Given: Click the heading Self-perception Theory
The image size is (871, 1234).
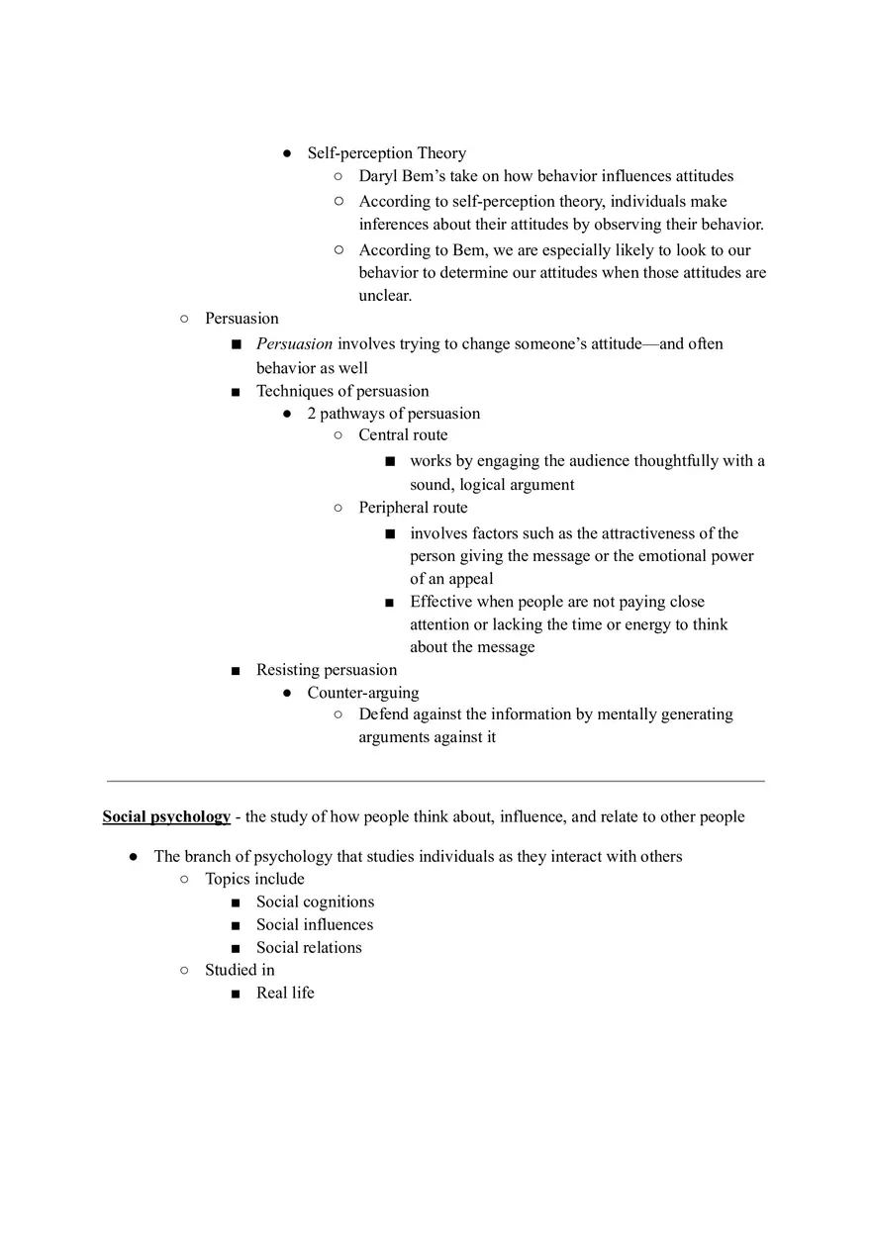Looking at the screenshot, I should (386, 153).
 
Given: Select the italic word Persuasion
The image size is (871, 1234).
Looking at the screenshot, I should (294, 344).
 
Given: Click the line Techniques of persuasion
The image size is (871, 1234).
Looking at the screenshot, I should (342, 391).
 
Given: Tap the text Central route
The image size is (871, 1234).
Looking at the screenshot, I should (403, 435).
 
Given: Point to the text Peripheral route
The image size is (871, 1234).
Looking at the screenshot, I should (413, 508).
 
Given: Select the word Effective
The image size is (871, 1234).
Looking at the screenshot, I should (441, 602).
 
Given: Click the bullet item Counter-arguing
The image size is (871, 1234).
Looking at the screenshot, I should (362, 693).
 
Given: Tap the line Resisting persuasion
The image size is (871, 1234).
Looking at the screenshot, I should (327, 670).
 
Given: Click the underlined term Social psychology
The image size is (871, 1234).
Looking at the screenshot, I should (166, 817).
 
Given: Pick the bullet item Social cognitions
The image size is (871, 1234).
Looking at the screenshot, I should (315, 902).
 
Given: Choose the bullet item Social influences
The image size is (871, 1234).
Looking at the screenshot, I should (315, 924).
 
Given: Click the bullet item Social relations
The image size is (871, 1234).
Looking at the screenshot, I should (309, 947).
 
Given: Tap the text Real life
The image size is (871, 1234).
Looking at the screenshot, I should (285, 993).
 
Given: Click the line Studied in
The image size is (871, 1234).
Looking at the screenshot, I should (240, 970).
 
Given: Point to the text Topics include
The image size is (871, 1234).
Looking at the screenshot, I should (254, 879).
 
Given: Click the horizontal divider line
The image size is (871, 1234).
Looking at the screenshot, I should (435, 781).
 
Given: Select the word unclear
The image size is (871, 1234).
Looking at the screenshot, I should (384, 296).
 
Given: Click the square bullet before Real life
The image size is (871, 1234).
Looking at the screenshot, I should (236, 994).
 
